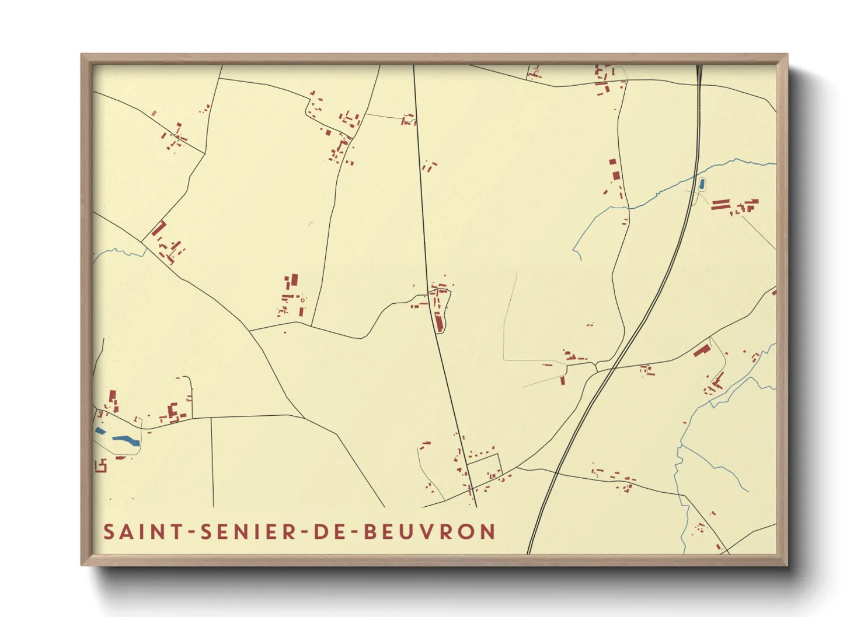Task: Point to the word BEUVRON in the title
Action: (x=430, y=532)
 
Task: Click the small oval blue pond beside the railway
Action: (x=701, y=184)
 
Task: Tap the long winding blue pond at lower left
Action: (x=126, y=440)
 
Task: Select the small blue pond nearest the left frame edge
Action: (x=100, y=431)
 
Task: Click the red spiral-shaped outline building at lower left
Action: (x=101, y=465)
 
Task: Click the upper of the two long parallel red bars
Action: (x=720, y=201)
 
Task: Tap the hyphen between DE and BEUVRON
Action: (x=352, y=532)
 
